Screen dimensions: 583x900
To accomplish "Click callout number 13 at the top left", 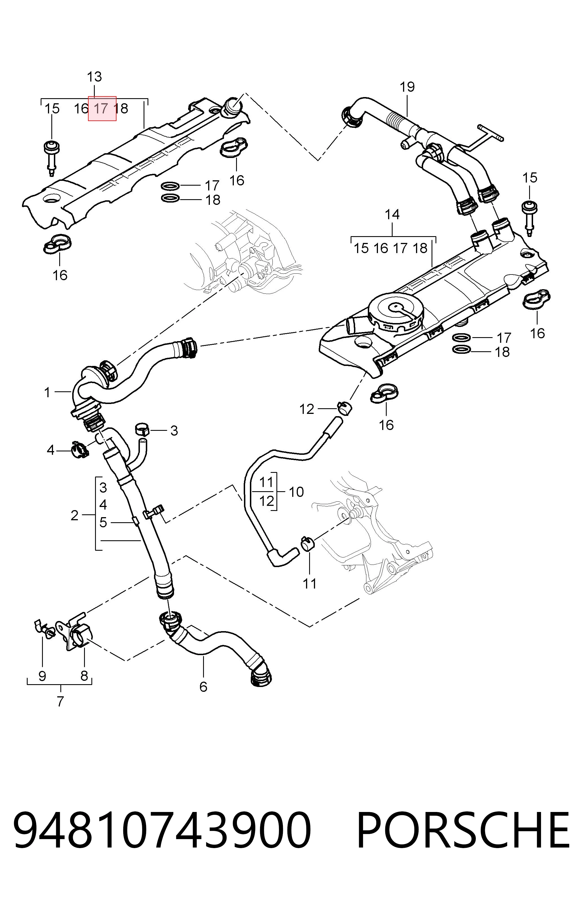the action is coord(94,77).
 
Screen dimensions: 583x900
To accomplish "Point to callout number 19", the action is coord(407,87).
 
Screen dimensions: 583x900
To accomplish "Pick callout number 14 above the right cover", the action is coord(392,215).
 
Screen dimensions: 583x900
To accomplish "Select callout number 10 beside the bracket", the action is coord(296,492).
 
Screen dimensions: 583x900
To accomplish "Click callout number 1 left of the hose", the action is coord(47,392).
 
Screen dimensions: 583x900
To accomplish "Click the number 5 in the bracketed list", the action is coord(103,523).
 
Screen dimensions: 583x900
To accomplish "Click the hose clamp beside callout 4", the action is coord(79,449).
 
